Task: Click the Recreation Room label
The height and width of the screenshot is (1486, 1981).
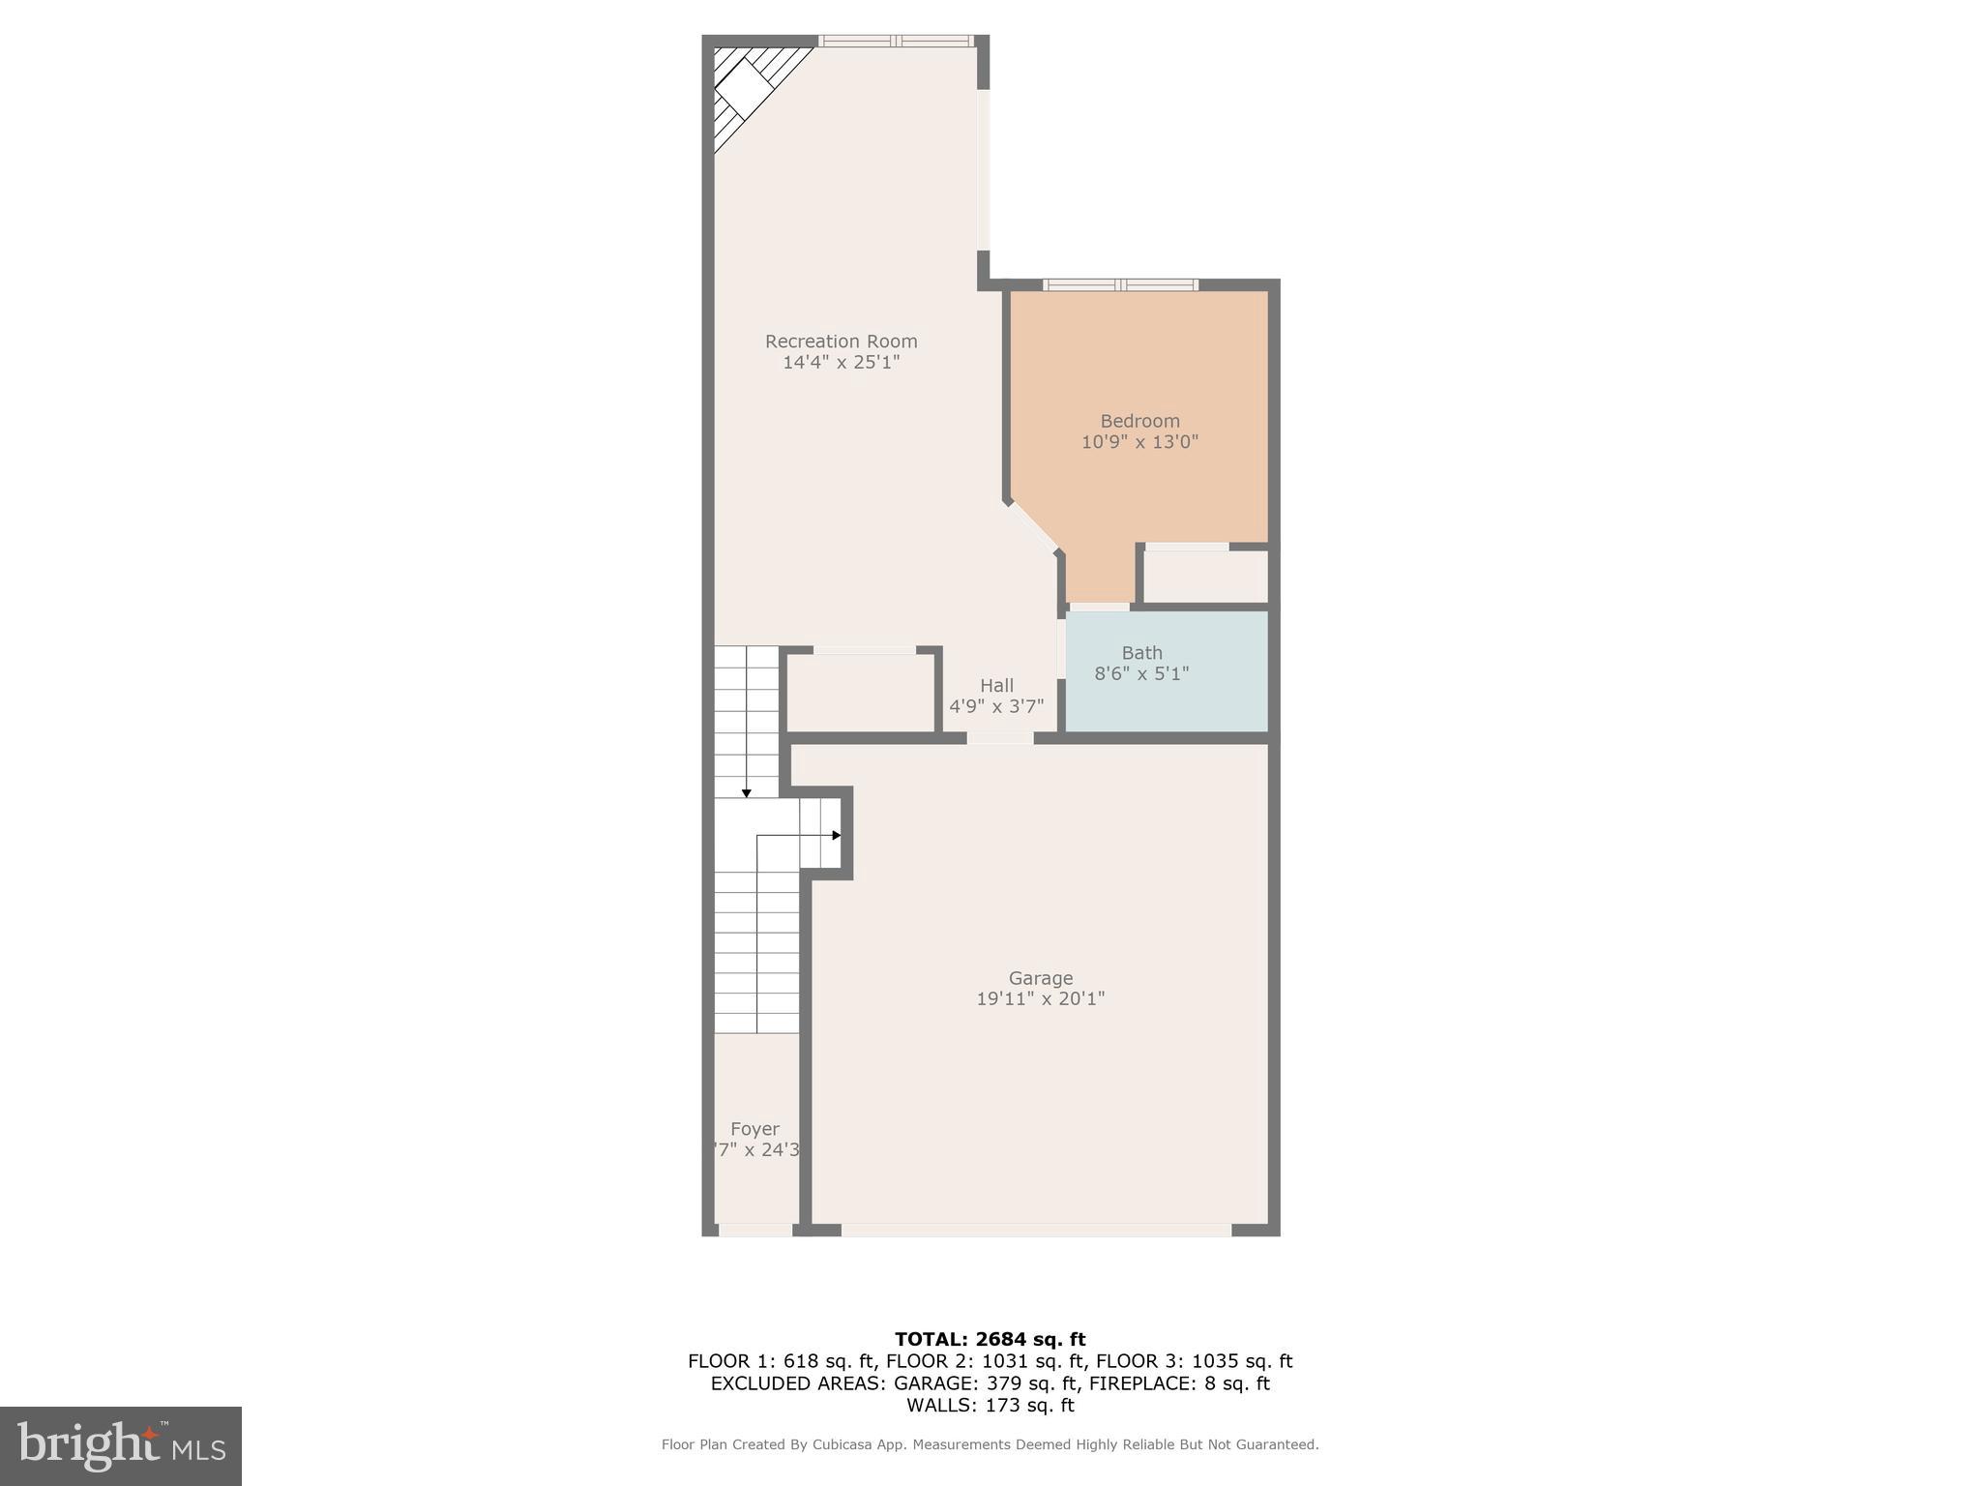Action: tap(841, 342)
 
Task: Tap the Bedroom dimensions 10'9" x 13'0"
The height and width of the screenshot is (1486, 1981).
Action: tap(1139, 442)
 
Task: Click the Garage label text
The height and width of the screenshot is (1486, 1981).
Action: tap(1040, 978)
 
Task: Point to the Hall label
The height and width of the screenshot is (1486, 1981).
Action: tap(996, 685)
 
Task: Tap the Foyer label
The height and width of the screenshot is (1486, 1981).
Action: tap(754, 1129)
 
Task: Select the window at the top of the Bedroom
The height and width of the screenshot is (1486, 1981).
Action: tap(1120, 284)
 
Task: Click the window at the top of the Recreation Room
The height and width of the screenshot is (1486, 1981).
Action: tap(896, 41)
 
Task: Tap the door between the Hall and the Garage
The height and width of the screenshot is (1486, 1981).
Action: tap(1000, 738)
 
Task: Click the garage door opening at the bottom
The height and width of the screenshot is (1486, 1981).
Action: tap(1035, 1231)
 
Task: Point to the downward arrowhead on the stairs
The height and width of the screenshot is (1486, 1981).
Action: tap(746, 793)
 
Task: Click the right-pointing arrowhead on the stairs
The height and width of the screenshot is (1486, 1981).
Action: tap(836, 835)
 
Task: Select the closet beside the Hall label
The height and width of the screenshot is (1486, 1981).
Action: tap(860, 693)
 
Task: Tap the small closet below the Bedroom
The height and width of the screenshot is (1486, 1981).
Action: tap(1205, 577)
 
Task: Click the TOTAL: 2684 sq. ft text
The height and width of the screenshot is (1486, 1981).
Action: tap(990, 1340)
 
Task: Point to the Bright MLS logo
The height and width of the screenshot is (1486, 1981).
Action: tap(121, 1445)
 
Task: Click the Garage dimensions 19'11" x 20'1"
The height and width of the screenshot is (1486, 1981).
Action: tap(1040, 999)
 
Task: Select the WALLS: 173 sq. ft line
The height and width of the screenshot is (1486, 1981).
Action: tap(990, 1406)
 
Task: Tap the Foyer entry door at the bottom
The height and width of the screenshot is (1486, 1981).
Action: tap(755, 1231)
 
